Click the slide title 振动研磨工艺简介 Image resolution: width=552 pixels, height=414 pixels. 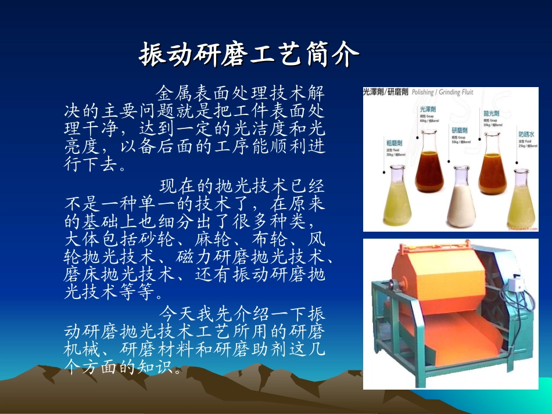click(x=249, y=55)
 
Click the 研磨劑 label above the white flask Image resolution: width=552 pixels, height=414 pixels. click(x=460, y=131)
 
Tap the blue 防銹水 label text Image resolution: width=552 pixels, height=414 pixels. click(x=526, y=134)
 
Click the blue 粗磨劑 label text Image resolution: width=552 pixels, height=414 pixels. click(x=396, y=142)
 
